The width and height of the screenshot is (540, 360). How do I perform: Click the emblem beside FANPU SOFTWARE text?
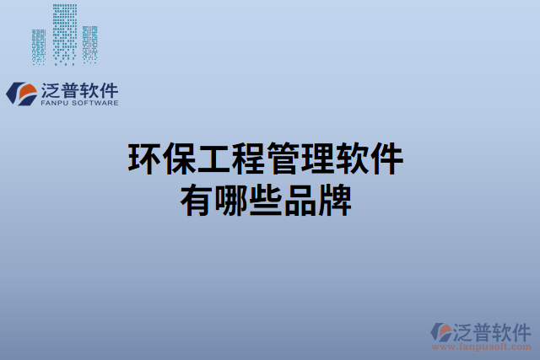pos(20,94)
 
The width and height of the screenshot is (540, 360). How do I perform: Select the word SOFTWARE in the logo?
pos(94,103)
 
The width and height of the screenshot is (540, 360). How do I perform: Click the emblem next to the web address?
pos(440,333)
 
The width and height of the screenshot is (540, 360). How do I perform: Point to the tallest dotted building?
pos(63,34)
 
